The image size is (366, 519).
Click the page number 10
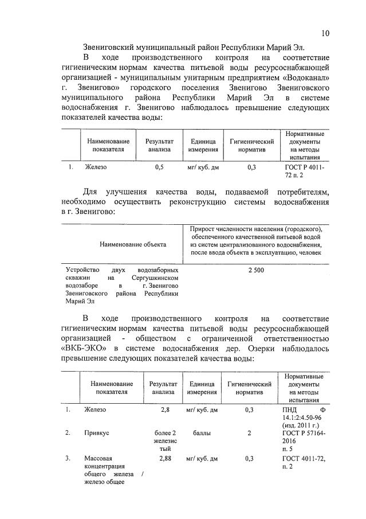coord(325,33)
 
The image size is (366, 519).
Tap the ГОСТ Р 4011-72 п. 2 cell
coord(304,171)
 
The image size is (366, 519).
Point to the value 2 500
coord(255,270)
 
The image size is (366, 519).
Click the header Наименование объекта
coord(133,244)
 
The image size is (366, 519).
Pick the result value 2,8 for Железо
coord(165,410)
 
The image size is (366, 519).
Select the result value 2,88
coord(165,459)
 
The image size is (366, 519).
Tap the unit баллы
coord(201,433)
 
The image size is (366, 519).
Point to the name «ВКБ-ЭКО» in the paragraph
coord(86,348)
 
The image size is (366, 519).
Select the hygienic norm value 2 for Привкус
coord(249,433)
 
